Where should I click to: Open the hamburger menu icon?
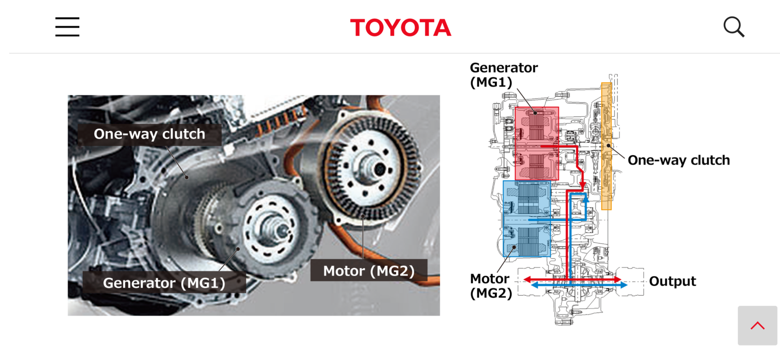[x=67, y=27]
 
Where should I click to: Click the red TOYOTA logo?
[x=401, y=28]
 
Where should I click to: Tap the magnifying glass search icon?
[x=734, y=27]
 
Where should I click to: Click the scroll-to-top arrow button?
[x=757, y=325]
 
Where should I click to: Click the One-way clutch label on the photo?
[x=149, y=134]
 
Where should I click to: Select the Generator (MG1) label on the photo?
[x=164, y=283]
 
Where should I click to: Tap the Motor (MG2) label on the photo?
[x=369, y=271]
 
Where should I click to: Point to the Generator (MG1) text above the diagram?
[x=504, y=75]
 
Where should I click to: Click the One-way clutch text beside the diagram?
[x=678, y=160]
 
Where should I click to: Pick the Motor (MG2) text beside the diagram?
[x=491, y=286]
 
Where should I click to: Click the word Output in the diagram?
[x=672, y=281]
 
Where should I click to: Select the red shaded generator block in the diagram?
[x=536, y=143]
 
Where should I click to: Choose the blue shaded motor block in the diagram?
[x=527, y=219]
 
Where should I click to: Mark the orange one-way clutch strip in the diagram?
[x=606, y=146]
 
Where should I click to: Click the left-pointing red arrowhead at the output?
[x=527, y=280]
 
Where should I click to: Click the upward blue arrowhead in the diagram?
[x=586, y=199]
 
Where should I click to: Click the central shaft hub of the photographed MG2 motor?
[x=379, y=168]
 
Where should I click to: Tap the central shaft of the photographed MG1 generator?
[x=280, y=231]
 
